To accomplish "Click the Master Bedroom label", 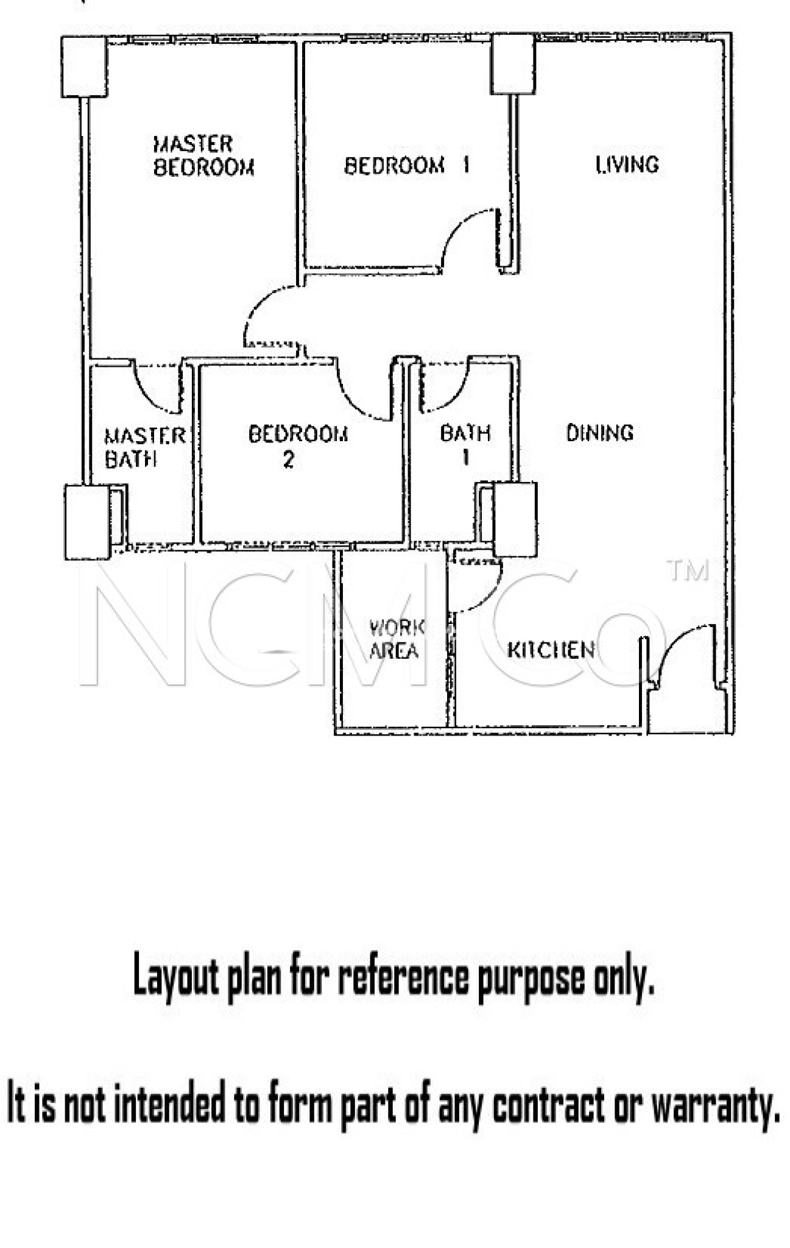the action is click(x=203, y=156).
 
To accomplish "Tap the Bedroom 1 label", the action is click(x=407, y=165).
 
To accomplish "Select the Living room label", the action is click(x=627, y=165).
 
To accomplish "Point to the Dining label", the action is click(x=599, y=433).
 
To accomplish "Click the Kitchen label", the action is click(x=551, y=650).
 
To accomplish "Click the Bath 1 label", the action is click(x=465, y=445).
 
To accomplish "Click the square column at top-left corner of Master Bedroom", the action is click(x=85, y=66).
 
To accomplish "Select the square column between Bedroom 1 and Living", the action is click(x=513, y=64).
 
